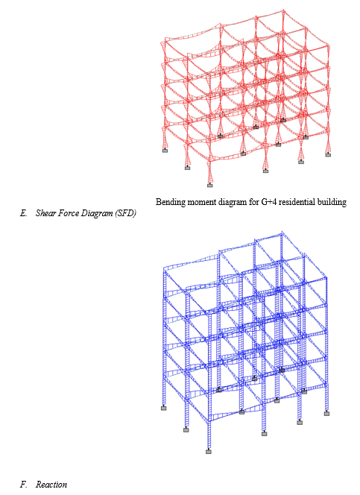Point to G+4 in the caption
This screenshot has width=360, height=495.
coord(268,202)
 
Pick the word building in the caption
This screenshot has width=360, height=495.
coord(333,202)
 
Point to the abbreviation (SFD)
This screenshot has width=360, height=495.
coord(126,214)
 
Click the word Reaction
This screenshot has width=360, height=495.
coord(51,485)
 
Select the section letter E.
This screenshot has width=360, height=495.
coord(24,213)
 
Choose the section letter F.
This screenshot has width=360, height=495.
coord(23,485)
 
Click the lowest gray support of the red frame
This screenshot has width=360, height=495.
coord(210,186)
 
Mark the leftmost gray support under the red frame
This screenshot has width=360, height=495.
coord(165,151)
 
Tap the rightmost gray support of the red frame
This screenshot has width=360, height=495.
coord(328,155)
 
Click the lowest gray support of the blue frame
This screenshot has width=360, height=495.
coord(209,452)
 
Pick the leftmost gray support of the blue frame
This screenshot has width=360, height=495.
coord(164,409)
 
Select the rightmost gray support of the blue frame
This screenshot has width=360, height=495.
coord(326,414)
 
